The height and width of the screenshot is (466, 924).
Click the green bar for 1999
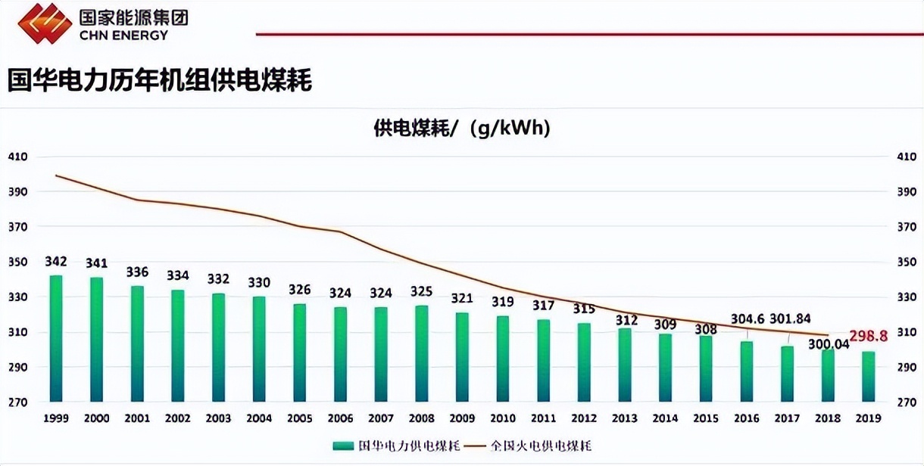[56, 338]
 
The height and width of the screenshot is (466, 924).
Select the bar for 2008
[421, 353]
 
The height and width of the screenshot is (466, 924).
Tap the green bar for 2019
[868, 376]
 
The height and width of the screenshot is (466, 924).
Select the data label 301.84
[790, 319]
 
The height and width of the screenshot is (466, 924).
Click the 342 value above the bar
[56, 262]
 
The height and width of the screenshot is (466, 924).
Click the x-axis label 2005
[299, 418]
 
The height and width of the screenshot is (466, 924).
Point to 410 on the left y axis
[17, 157]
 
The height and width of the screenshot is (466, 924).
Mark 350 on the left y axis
[17, 263]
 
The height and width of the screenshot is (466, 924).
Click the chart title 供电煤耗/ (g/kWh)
[462, 128]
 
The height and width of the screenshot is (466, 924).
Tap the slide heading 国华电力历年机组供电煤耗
[160, 79]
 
